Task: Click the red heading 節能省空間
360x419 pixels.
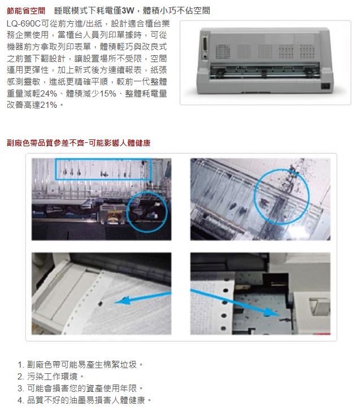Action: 26,11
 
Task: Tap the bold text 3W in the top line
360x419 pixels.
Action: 128,11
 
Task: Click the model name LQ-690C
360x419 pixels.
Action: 24,24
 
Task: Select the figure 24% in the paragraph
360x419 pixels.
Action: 49,94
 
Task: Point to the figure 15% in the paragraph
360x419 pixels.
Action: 107,94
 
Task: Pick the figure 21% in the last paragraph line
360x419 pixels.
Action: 49,105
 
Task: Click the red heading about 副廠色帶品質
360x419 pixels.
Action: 79,143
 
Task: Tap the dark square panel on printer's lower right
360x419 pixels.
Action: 325,86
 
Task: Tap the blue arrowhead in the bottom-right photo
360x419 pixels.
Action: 268,312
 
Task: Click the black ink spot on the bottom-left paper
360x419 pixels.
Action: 101,303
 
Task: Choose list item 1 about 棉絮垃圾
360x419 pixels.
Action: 80,364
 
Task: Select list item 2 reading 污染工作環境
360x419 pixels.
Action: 51,376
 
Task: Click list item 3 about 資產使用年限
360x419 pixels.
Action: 80,388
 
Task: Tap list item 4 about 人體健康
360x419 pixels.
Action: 85,400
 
